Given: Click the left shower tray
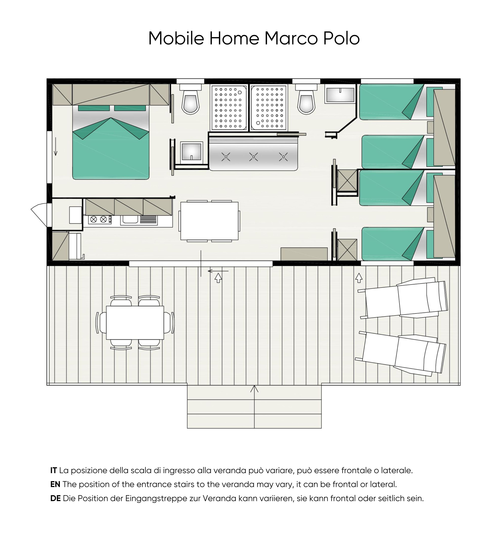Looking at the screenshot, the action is [229, 108].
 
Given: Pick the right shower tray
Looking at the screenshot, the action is [269, 108].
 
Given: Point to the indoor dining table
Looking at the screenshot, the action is [209, 221].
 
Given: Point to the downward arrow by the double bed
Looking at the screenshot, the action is [56, 146].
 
